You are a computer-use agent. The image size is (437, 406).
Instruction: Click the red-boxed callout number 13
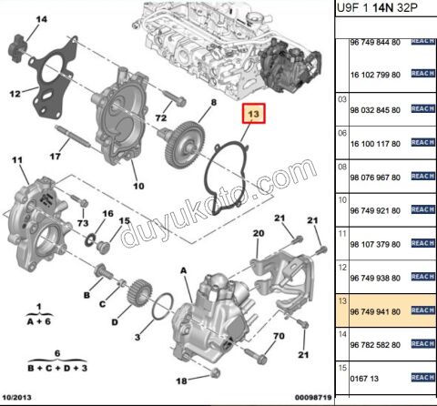(254, 116)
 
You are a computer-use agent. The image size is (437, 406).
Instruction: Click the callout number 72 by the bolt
(161, 118)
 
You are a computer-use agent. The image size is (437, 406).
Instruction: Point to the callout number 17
(55, 157)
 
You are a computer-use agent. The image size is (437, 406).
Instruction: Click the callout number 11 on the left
(15, 161)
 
